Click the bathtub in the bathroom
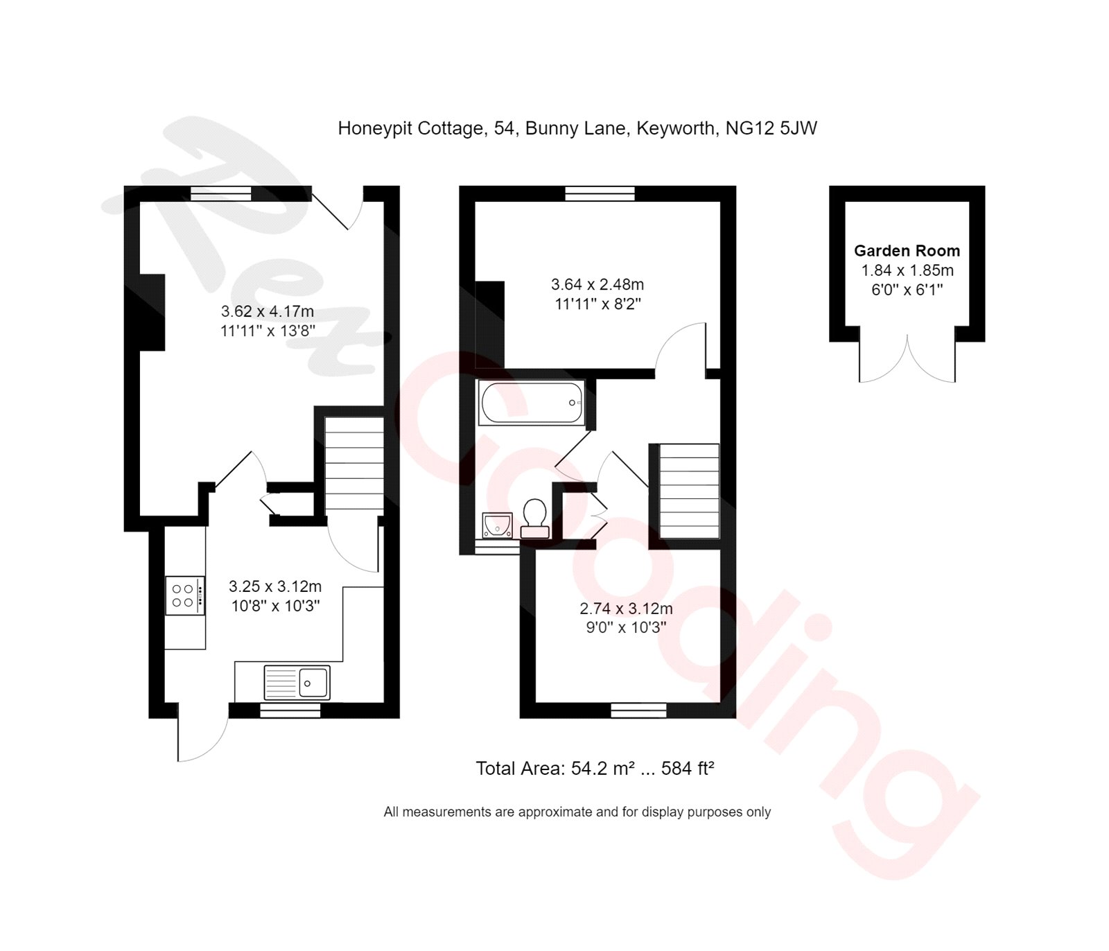coord(532,403)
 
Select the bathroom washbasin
coord(497,525)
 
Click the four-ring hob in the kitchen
coord(184,595)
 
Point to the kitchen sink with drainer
coord(297,682)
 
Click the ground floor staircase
coord(354,465)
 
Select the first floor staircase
coord(688,491)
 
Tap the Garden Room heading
coord(907,251)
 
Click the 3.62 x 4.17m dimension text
coord(268,311)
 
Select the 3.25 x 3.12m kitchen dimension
coord(275,586)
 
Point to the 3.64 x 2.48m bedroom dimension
coord(597,284)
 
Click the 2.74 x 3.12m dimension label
coord(626,609)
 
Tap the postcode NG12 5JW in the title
coord(771,128)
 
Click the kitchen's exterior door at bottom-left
coord(201,735)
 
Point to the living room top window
coord(220,193)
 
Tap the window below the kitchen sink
coord(290,710)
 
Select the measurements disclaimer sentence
coord(577,812)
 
